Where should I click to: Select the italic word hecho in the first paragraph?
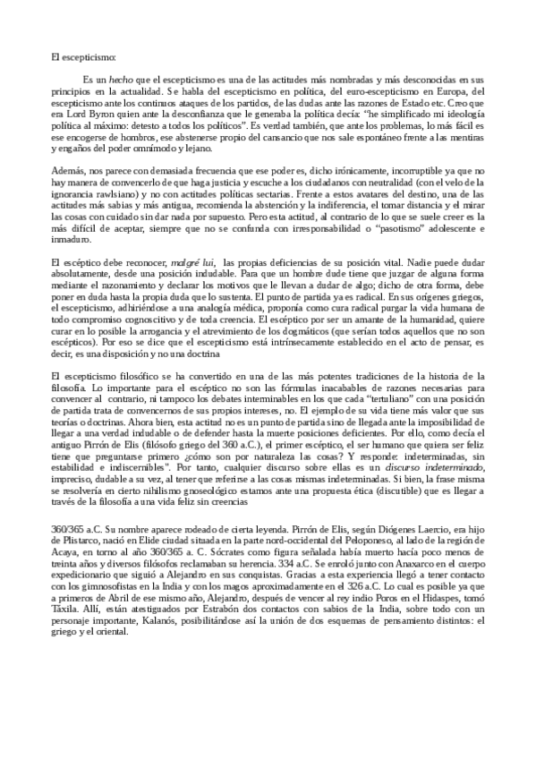106,80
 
